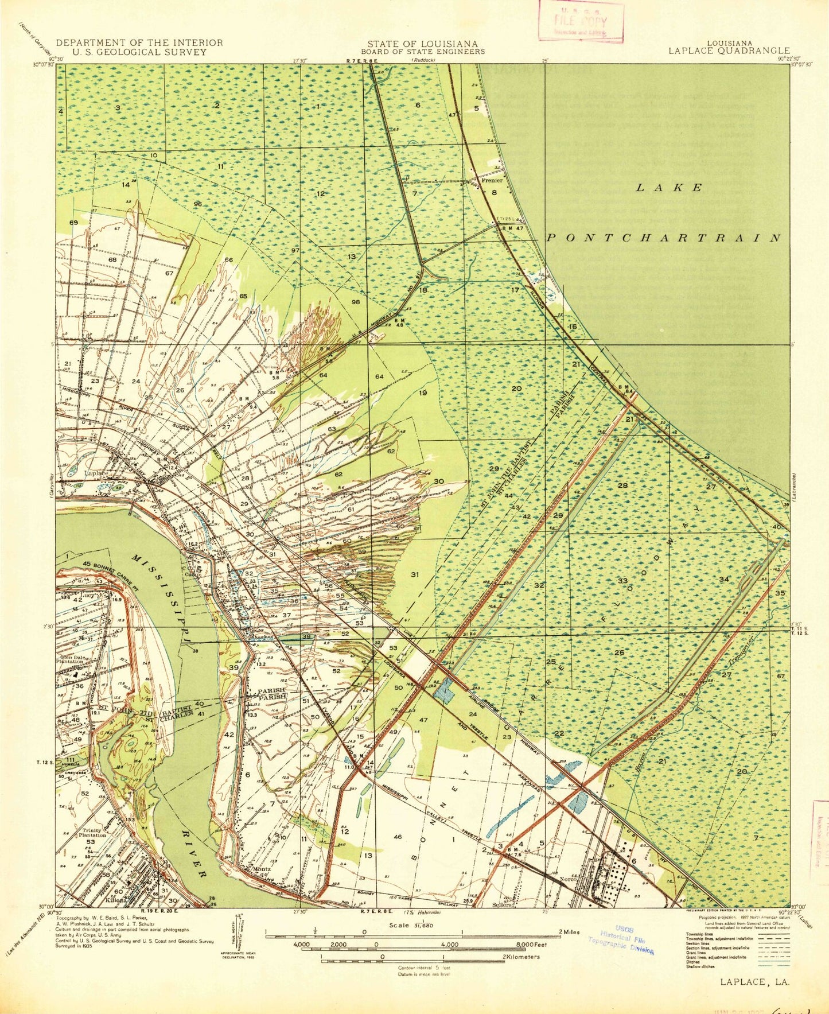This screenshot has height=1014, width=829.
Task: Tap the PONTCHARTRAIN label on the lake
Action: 663,238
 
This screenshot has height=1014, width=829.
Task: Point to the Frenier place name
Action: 492,180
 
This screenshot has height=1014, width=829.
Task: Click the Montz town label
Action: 262,869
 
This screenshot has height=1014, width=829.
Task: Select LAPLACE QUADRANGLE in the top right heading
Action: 729,50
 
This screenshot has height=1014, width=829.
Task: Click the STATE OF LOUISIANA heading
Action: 423,44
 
